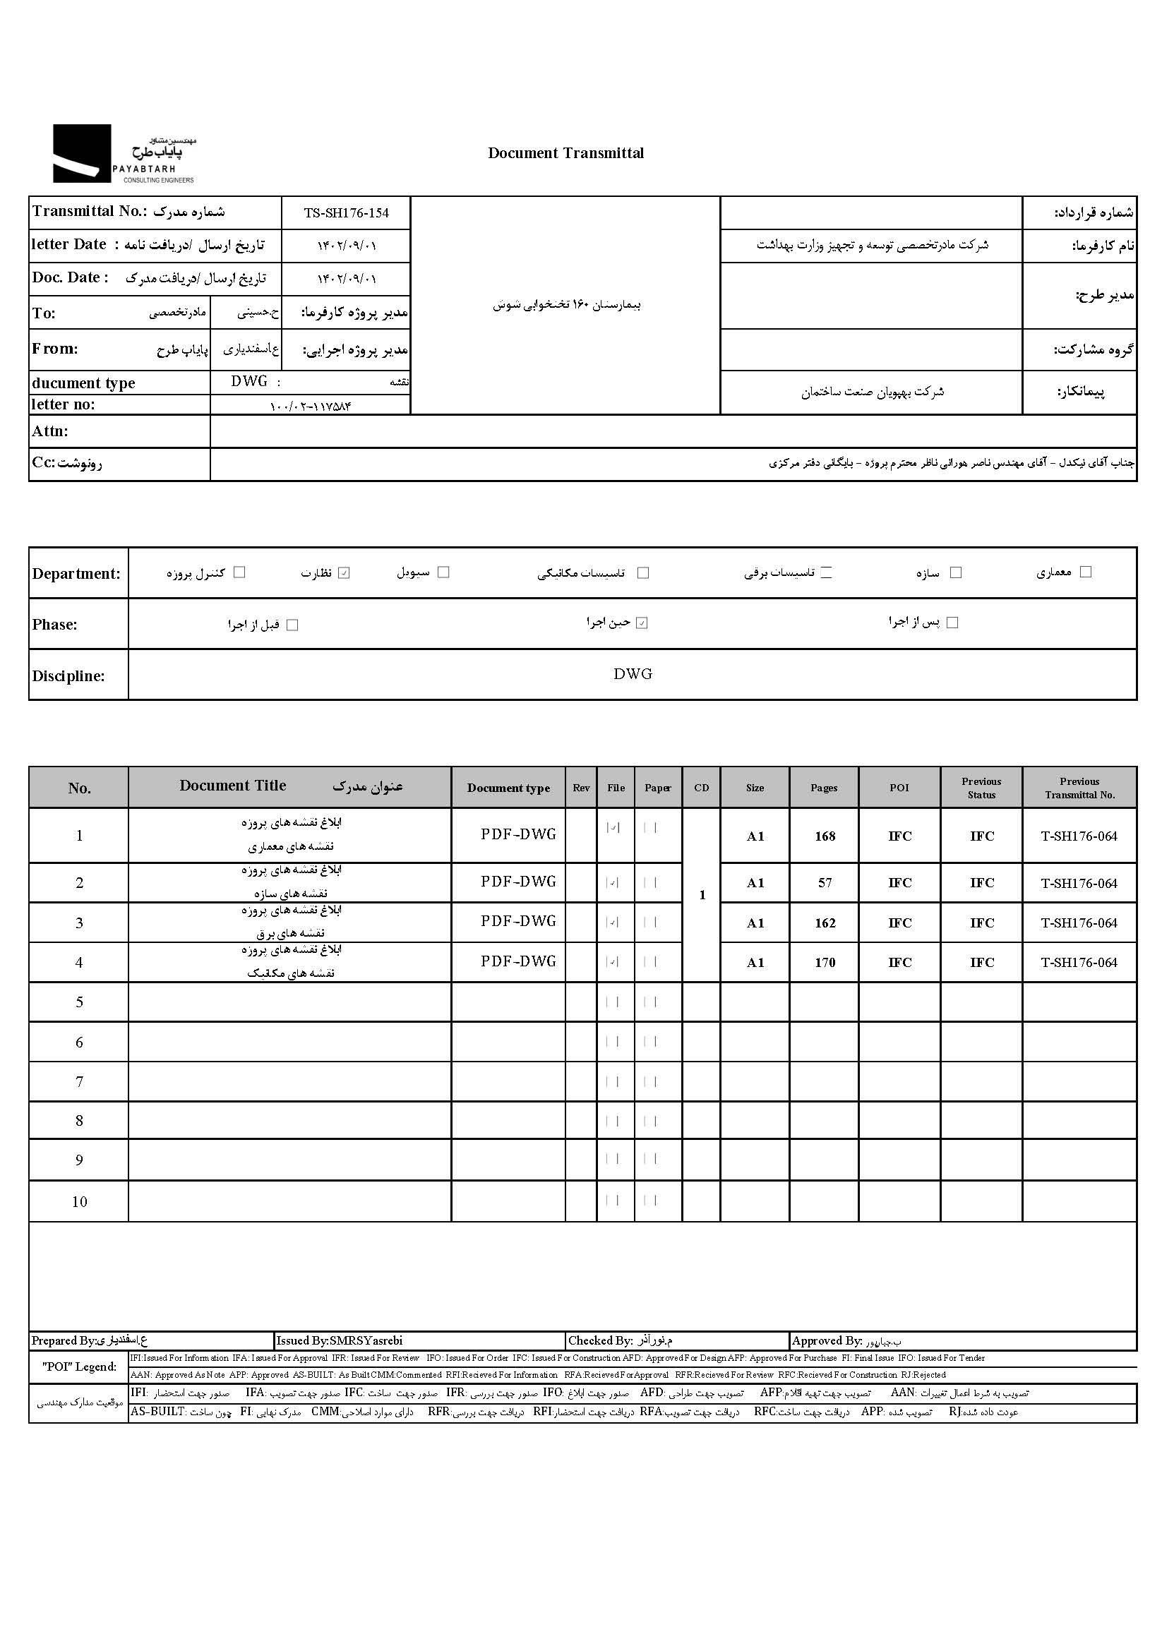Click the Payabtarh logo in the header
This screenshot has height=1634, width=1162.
(x=123, y=154)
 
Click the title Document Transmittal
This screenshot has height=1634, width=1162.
(x=565, y=153)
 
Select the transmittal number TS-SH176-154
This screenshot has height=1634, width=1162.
(x=347, y=213)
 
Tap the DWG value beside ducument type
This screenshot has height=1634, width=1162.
(x=249, y=381)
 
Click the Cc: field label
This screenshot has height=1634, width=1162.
(x=66, y=463)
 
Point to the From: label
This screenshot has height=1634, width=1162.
(x=55, y=349)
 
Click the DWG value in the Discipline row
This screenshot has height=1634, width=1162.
(x=633, y=674)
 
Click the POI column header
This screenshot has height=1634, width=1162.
(x=899, y=788)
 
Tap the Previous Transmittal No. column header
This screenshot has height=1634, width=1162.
(x=1079, y=788)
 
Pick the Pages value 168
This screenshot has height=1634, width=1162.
(x=825, y=836)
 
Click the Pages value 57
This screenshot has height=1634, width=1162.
(x=825, y=884)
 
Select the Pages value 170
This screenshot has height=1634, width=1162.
(x=825, y=963)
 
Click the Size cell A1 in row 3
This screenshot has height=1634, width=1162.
(x=755, y=924)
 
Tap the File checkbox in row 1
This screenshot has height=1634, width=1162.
(x=613, y=828)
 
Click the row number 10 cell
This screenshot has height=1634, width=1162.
(x=80, y=1202)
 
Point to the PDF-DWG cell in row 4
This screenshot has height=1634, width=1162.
(x=518, y=961)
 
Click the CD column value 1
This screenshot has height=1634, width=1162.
(x=702, y=895)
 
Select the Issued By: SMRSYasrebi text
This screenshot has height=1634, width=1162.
(x=339, y=1340)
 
